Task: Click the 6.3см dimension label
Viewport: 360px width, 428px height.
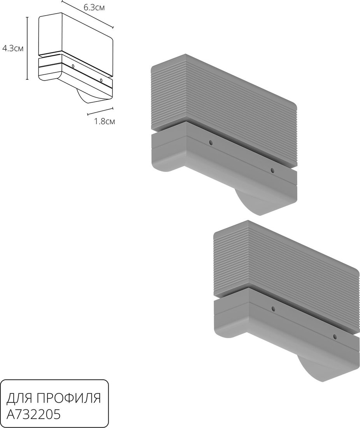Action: pos(94,7)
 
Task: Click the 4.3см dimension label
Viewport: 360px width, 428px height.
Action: pos(12,49)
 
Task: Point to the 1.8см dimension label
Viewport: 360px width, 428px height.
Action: pos(105,121)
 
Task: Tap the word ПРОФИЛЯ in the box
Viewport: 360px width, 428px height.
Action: pos(69,398)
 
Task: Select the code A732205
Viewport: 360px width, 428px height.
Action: pos(33,415)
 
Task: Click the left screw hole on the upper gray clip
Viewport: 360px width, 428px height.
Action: pos(211,142)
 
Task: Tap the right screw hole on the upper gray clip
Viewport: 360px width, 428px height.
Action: pos(272,170)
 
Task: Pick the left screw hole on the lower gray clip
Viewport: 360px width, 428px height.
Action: pos(273,309)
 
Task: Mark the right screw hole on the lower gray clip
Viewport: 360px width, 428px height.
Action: pos(335,337)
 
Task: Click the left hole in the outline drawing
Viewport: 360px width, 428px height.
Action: pos(73,66)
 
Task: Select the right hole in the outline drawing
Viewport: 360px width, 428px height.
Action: pos(101,80)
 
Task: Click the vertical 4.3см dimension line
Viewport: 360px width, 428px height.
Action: pos(27,48)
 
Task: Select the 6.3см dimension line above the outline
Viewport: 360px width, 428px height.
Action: pos(88,14)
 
